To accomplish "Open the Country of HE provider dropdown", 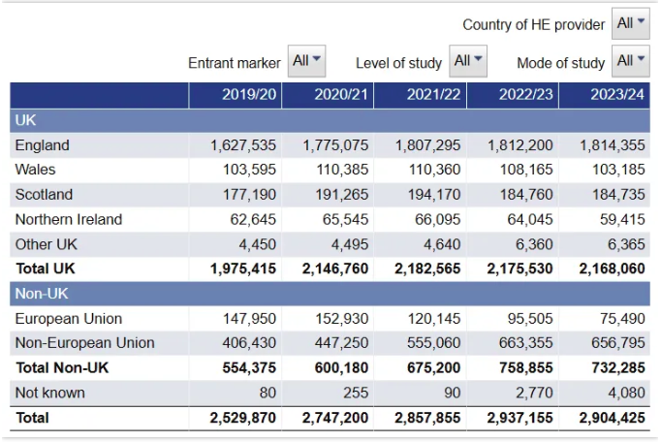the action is pyautogui.click(x=631, y=23).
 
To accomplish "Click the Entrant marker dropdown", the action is pyautogui.click(x=306, y=61).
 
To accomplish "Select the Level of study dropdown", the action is pyautogui.click(x=468, y=61).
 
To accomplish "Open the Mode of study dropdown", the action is pyautogui.click(x=631, y=61).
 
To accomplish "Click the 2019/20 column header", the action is pyautogui.click(x=249, y=94).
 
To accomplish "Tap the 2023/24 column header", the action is pyautogui.click(x=617, y=94).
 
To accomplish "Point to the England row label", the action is pyautogui.click(x=42, y=145).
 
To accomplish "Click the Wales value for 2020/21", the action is pyautogui.click(x=342, y=170).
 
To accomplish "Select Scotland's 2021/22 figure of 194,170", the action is pyautogui.click(x=434, y=195).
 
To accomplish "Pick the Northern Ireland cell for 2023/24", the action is pyautogui.click(x=622, y=219).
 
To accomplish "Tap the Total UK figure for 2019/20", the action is pyautogui.click(x=243, y=268).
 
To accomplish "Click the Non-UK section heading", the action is pyautogui.click(x=42, y=294).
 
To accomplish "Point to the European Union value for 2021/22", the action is pyautogui.click(x=434, y=319).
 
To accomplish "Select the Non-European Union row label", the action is pyautogui.click(x=84, y=343).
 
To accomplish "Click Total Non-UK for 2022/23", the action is pyautogui.click(x=526, y=367).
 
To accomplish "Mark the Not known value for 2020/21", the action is pyautogui.click(x=356, y=393).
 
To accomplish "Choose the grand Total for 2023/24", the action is pyautogui.click(x=613, y=418).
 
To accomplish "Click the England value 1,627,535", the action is pyautogui.click(x=243, y=145).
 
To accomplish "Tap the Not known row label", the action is pyautogui.click(x=49, y=393).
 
